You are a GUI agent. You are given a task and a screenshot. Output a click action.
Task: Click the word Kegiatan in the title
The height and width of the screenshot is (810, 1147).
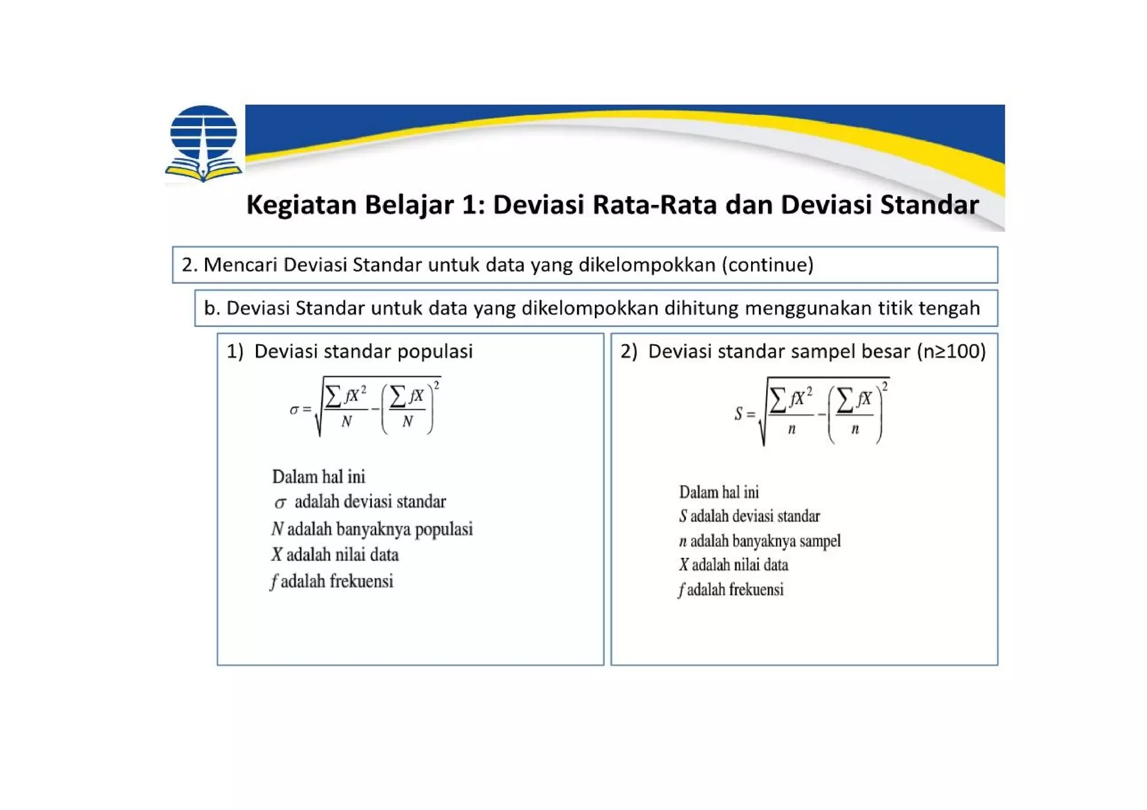coord(301,205)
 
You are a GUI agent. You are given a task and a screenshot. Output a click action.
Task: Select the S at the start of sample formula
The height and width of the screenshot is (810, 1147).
coord(739,414)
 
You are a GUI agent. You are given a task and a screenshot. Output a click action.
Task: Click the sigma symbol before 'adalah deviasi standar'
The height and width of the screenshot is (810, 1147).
coord(280,503)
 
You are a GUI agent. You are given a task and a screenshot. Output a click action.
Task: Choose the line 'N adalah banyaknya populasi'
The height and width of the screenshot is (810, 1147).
coord(372,529)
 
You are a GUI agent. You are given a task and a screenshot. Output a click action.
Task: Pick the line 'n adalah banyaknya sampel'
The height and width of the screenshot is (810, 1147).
coord(759,541)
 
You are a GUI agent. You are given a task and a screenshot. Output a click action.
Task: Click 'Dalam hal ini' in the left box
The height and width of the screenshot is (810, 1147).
coord(318,477)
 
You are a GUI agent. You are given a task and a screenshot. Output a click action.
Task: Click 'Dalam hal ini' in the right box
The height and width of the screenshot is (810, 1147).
coord(719,493)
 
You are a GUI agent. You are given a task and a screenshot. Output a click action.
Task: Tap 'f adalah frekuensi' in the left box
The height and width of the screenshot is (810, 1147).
coord(332,581)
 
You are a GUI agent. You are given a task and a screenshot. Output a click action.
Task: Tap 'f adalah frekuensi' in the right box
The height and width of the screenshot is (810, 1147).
coord(730,589)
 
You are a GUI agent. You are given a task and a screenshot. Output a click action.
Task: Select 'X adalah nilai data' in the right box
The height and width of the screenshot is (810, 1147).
coord(734,565)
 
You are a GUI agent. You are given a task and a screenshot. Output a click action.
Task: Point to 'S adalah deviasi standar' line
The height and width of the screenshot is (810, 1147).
coord(749,516)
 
